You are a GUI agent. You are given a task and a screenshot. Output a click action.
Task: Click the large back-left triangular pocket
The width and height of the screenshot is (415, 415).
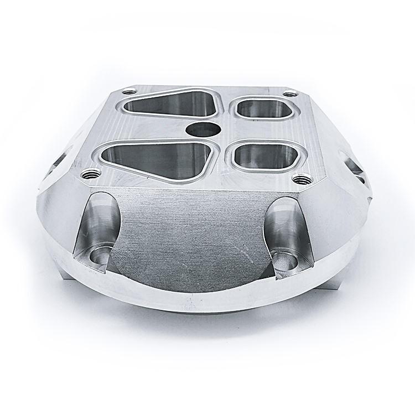tap(168, 105)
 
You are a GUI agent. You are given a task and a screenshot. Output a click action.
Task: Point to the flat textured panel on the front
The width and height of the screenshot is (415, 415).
tap(194, 238)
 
